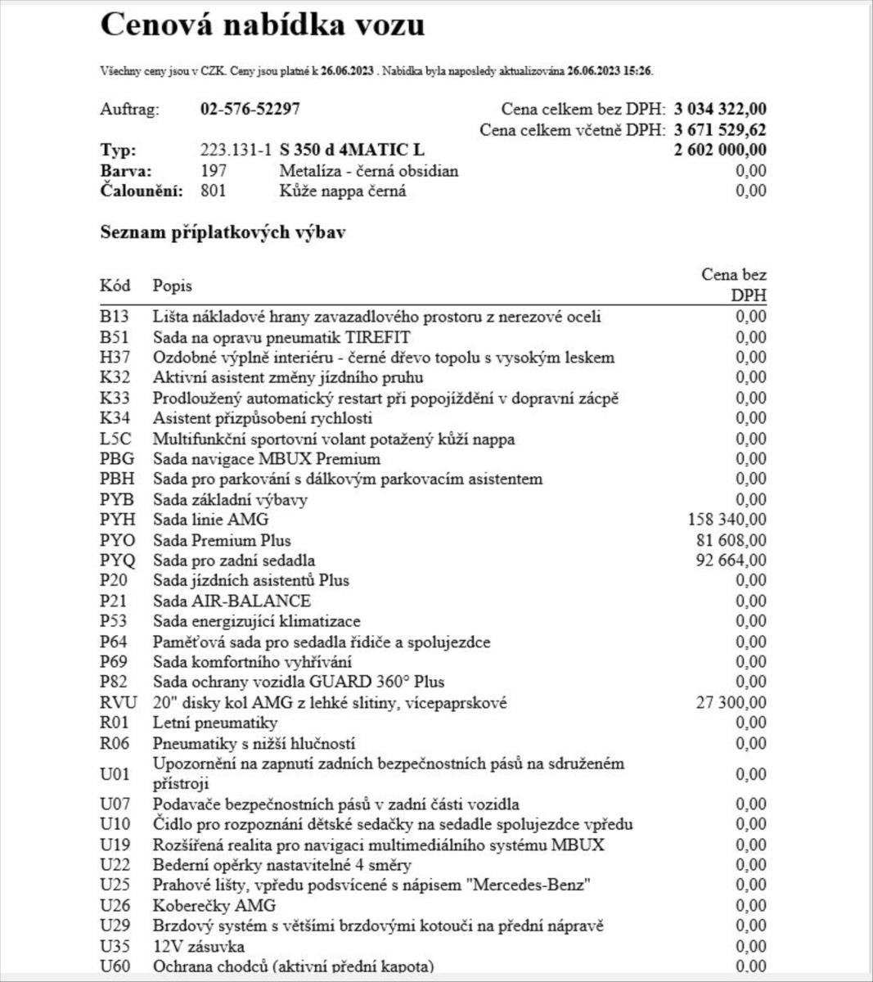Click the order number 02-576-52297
[x=250, y=110]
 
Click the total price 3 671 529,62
[x=720, y=130]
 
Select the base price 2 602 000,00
[x=720, y=150]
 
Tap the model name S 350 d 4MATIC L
[x=352, y=151]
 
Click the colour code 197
[x=214, y=171]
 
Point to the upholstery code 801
[x=214, y=191]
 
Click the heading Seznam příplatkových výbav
[x=223, y=233]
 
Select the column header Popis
[x=173, y=286]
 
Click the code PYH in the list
[x=117, y=520]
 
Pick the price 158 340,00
[x=728, y=520]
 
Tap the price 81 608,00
[x=731, y=540]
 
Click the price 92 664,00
[x=731, y=561]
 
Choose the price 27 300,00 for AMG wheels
[x=731, y=702]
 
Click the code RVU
[x=118, y=702]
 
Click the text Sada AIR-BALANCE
[x=232, y=601]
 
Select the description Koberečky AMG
[x=214, y=905]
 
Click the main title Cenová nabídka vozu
[x=262, y=25]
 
